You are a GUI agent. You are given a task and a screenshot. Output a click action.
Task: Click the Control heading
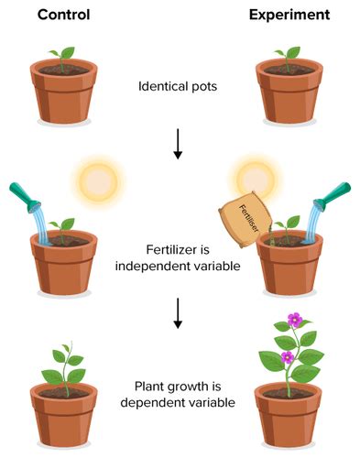click(x=62, y=16)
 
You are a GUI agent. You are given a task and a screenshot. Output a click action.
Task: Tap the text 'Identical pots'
click(x=179, y=88)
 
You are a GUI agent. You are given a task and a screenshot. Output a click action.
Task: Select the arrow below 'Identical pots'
click(x=178, y=144)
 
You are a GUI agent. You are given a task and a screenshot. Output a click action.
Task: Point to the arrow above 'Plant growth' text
click(x=178, y=313)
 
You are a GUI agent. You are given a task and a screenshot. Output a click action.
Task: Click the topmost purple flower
click(x=295, y=320)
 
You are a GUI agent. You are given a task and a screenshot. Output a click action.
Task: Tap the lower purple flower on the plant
click(x=287, y=356)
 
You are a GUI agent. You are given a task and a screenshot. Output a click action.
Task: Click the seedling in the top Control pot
click(x=62, y=57)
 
